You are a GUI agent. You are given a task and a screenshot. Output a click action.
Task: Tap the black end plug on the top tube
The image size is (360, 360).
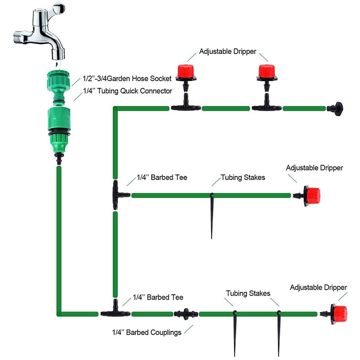pyautogui.click(x=335, y=108)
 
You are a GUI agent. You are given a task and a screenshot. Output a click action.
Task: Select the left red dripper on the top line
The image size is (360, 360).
pyautogui.click(x=184, y=72)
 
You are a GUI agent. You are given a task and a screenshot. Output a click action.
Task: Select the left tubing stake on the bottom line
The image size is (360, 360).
pyautogui.click(x=234, y=331)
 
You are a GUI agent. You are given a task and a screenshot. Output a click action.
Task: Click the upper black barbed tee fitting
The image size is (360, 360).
pyautogui.click(x=118, y=195)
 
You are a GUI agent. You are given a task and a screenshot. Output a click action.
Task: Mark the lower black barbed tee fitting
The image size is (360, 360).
pyautogui.click(x=115, y=312)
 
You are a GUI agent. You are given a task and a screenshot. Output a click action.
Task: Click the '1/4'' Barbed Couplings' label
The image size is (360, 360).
pyautogui.click(x=147, y=333)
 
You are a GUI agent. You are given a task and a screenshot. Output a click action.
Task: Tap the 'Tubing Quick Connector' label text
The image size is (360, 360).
pyautogui.click(x=128, y=91)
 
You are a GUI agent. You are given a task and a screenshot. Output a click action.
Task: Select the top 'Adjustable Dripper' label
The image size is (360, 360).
pyautogui.click(x=228, y=52)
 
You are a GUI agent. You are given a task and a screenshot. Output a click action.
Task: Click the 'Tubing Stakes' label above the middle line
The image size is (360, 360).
pyautogui.click(x=243, y=178)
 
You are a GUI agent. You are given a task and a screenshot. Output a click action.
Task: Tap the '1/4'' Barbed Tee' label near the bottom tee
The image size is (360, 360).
pyautogui.click(x=158, y=297)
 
